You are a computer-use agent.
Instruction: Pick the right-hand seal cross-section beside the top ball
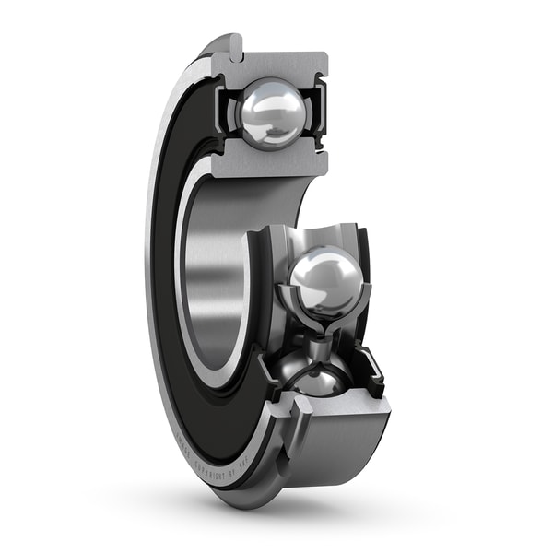click(319, 112)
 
